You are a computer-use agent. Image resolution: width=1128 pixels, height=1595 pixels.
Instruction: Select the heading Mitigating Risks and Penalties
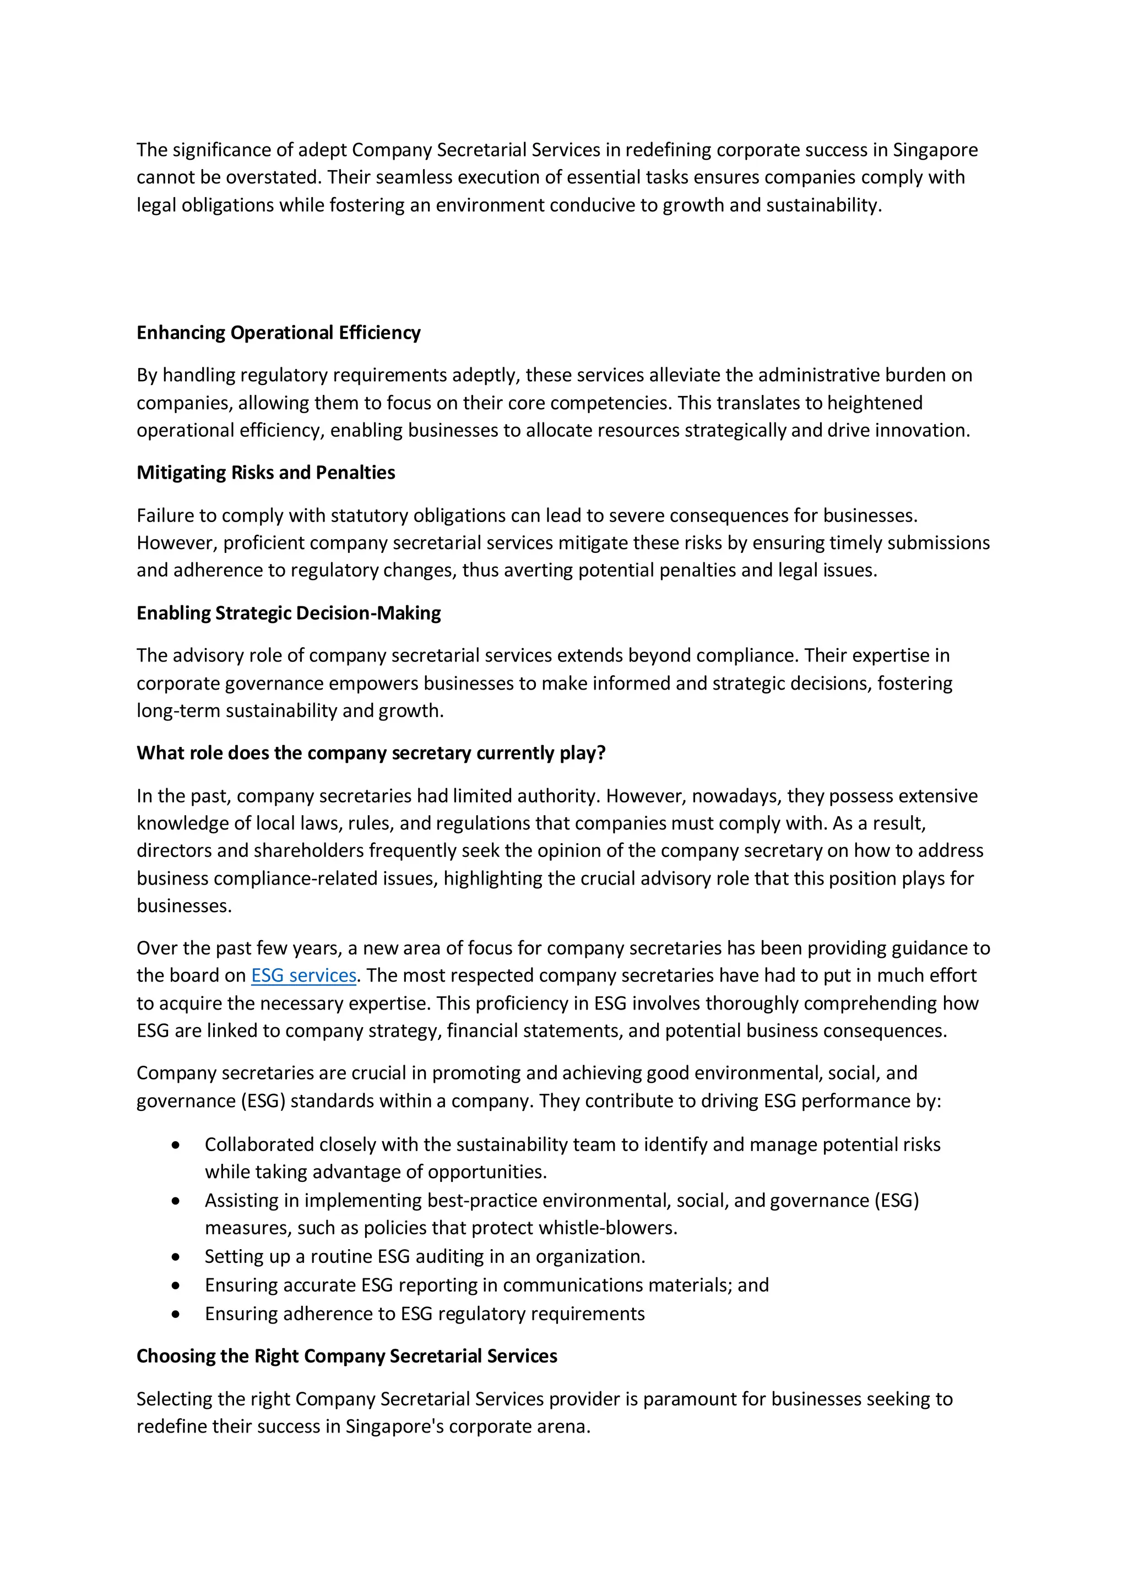click(x=265, y=473)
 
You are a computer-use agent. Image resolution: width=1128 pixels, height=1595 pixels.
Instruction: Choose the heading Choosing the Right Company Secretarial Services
click(x=346, y=1356)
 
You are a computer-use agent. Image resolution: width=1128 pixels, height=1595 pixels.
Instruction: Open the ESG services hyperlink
click(x=303, y=975)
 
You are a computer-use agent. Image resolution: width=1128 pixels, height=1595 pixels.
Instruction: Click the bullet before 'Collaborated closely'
click(x=176, y=1145)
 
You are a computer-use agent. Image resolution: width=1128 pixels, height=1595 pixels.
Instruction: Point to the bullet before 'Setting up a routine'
click(x=176, y=1257)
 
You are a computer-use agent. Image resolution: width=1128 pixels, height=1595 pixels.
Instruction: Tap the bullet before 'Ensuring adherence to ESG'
click(x=176, y=1314)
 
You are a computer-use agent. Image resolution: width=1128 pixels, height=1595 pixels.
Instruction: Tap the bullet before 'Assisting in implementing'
click(x=176, y=1201)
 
